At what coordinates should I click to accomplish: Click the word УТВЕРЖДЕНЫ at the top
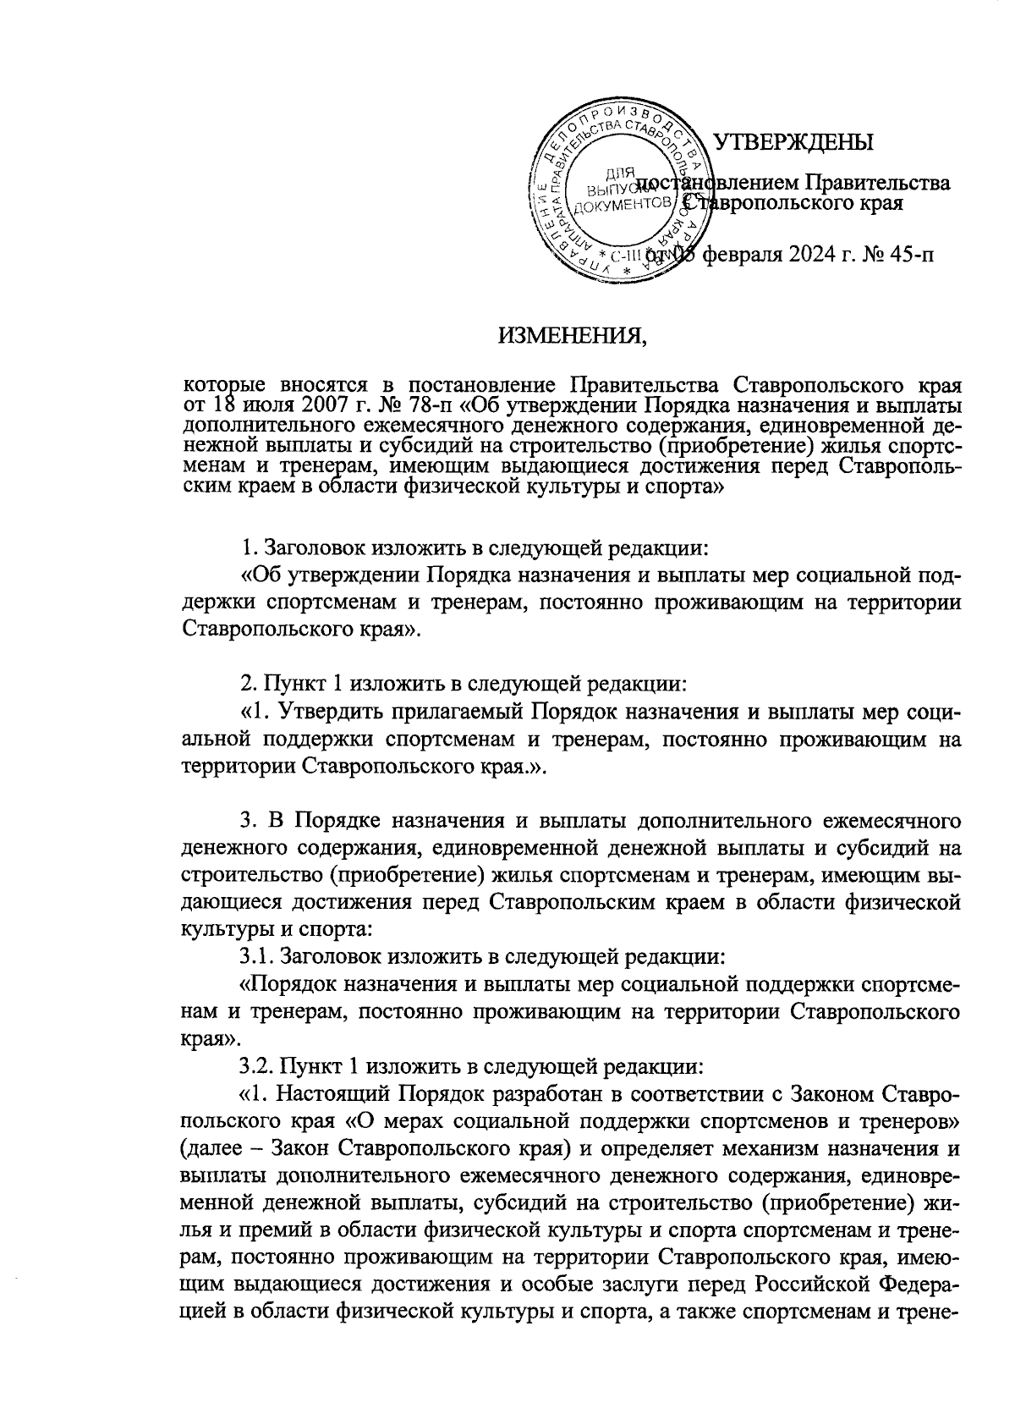[x=794, y=143]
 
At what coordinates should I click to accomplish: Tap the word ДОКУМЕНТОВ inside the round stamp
[x=623, y=206]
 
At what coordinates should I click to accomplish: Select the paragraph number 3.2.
[x=258, y=1065]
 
